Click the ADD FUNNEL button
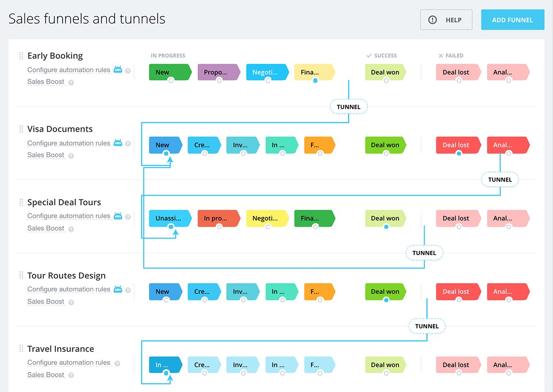tap(512, 20)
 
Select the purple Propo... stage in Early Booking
tap(219, 72)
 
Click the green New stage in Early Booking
tap(171, 72)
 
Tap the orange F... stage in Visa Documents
tap(320, 145)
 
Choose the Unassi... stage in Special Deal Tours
tap(171, 218)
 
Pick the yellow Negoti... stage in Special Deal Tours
tap(268, 218)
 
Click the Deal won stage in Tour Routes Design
tap(386, 291)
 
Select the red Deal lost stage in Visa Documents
tap(459, 145)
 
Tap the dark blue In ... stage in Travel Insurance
tap(165, 365)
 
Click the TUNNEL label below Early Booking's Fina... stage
tap(348, 107)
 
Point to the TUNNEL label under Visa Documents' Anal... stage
tap(500, 179)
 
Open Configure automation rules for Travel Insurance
tap(69, 362)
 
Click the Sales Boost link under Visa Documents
tap(46, 155)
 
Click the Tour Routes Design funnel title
tap(66, 275)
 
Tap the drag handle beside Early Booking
tap(21, 56)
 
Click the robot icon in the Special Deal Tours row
tap(118, 216)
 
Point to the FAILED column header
tap(451, 56)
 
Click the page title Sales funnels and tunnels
tap(87, 19)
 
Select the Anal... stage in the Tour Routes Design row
tap(508, 291)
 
